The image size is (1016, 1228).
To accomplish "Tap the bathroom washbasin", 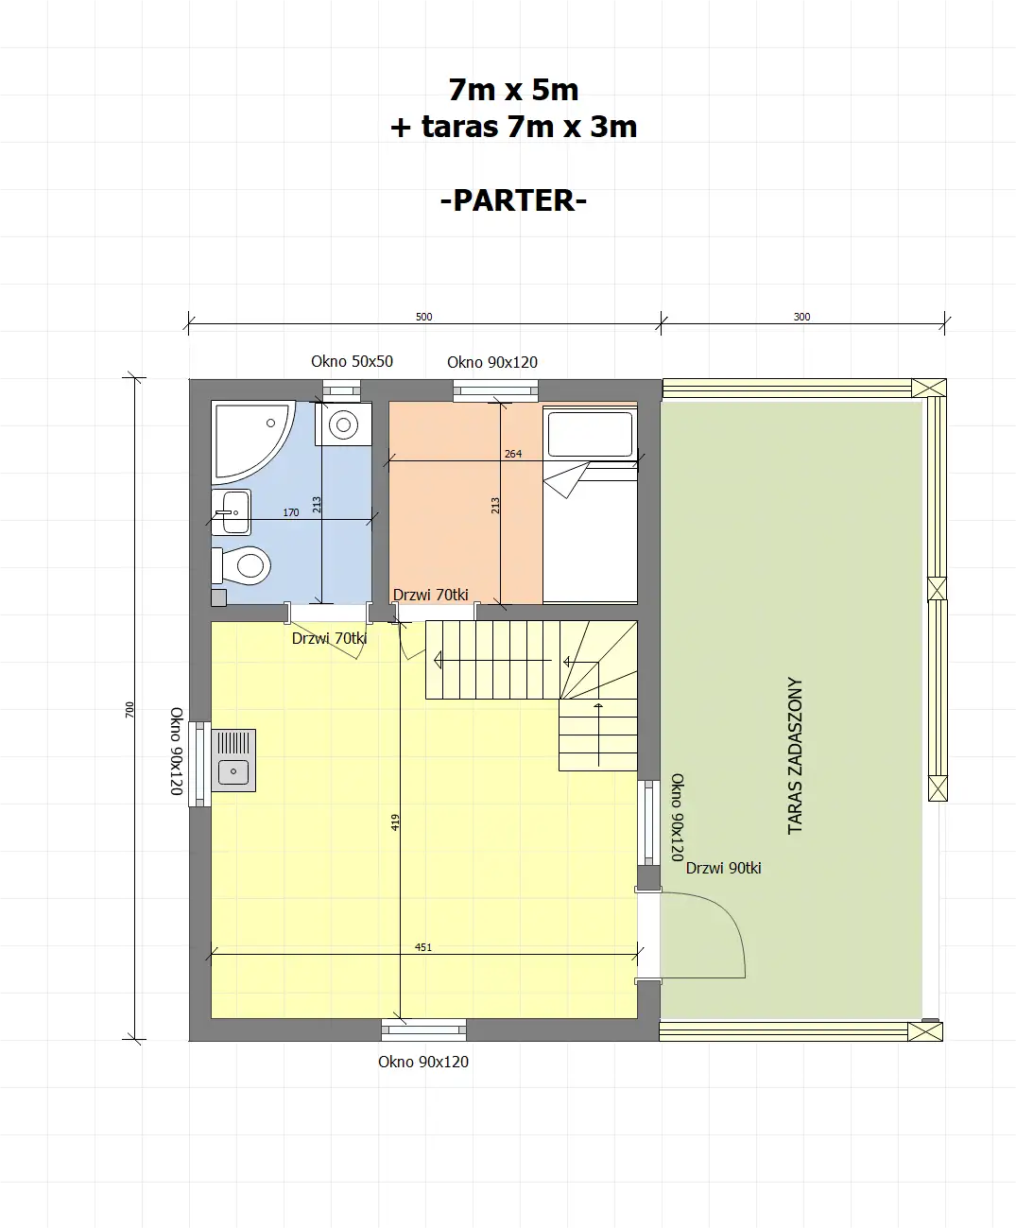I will [232, 512].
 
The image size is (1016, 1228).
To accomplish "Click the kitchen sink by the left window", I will [233, 760].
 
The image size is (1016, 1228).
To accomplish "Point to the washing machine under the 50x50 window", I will [343, 424].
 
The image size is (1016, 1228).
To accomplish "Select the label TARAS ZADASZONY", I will [795, 755].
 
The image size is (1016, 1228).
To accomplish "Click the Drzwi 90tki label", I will [723, 868].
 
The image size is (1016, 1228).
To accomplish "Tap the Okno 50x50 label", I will [352, 361].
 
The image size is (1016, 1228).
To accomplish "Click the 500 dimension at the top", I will [423, 317].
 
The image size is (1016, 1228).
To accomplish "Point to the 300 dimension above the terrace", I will [801, 317].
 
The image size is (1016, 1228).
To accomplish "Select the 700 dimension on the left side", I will [129, 710].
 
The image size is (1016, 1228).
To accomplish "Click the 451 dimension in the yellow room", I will [423, 947].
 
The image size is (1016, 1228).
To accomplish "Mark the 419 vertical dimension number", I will [395, 822].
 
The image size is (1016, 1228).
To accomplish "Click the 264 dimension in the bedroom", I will [512, 454].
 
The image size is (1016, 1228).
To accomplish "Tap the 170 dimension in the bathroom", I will [291, 512].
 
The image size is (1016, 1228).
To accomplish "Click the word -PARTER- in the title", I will [513, 200].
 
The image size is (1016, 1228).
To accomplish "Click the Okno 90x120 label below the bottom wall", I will [423, 1062].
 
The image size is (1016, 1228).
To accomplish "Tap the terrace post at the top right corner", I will [928, 388].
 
